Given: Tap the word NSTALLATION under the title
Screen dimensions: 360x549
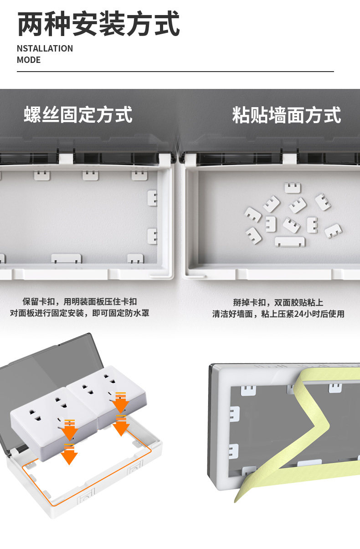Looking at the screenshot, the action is coord(45,48).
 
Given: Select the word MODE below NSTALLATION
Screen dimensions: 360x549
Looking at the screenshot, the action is coord(29,60).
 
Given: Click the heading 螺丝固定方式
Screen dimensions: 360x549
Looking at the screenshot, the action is coord(78,114).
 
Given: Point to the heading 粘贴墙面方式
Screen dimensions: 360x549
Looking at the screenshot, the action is coord(286,115).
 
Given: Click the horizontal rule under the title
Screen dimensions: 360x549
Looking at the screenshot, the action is coord(175,72).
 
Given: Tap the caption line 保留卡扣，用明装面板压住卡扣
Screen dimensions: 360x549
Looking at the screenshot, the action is coord(80,301).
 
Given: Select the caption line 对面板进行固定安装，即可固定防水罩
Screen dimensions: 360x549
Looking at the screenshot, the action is coord(80,313).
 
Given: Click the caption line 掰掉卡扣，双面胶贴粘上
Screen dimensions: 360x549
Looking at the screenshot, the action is coord(278,302).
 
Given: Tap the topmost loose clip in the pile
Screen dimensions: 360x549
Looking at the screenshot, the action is coord(293,187).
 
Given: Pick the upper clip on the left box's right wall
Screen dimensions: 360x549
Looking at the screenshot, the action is coord(152,198).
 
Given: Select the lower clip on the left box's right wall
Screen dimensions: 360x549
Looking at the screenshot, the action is coord(152,236).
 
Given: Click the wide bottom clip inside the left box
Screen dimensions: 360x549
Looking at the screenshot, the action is coord(67,259).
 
